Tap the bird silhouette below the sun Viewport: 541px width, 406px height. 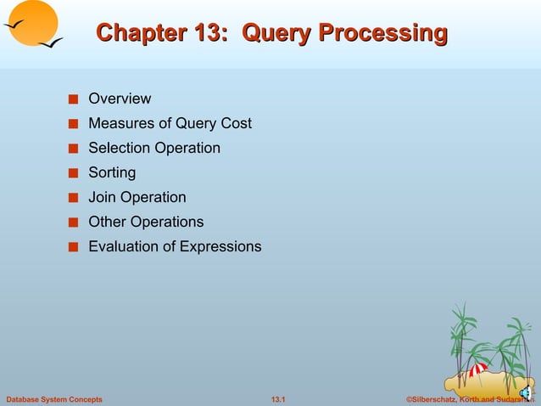[49, 42]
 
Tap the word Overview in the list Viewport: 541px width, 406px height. [120, 99]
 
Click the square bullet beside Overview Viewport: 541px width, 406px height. [74, 99]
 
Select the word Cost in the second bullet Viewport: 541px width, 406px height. [236, 123]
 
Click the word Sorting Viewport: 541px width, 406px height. [112, 172]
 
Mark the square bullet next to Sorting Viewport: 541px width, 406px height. [74, 173]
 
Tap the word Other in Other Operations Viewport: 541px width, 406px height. [108, 222]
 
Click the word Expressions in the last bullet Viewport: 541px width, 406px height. [221, 246]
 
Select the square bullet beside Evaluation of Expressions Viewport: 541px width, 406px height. [74, 247]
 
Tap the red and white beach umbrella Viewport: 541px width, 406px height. [478, 370]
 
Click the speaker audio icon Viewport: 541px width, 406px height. [525, 392]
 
